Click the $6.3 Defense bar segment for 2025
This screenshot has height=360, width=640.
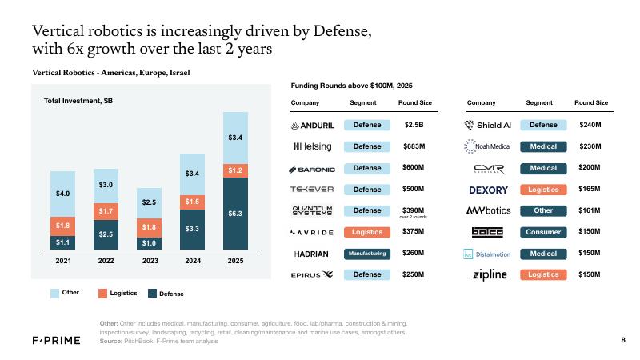point(236,214)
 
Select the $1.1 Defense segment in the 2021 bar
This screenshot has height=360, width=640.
point(63,241)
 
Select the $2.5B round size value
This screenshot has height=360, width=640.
point(414,126)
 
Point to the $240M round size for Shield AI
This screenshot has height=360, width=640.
point(590,126)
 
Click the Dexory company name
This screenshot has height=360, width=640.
point(488,190)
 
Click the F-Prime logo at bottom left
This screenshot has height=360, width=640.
point(53,342)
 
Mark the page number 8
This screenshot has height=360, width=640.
point(622,342)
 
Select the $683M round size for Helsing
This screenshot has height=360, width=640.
point(414,146)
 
